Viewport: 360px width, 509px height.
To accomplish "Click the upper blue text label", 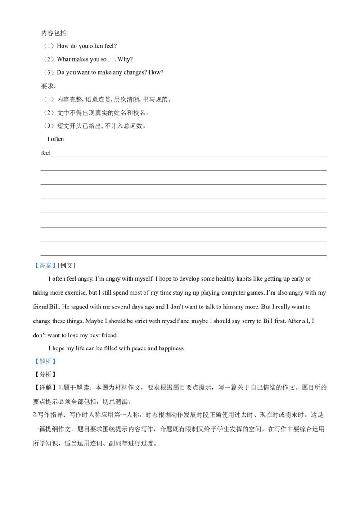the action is point(45,265).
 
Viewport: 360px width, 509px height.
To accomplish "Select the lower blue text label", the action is point(45,362).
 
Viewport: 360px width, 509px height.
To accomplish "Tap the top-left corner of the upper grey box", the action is point(33,260).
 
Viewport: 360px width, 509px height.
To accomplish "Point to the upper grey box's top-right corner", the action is point(57,260).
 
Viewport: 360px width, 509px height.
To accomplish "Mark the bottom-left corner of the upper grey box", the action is point(33,270).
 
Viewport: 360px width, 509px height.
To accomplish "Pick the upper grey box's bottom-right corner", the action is point(57,270).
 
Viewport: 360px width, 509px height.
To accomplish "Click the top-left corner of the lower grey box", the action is point(33,357).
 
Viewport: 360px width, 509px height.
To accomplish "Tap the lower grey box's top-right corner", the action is point(57,357).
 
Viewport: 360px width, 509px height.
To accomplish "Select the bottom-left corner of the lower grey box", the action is point(33,366).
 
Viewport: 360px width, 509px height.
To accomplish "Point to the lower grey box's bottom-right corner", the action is point(57,366).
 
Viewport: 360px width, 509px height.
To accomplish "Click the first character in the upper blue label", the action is point(37,265).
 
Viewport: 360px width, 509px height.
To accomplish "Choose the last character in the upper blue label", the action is point(54,265).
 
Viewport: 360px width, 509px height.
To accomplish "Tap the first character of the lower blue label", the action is point(37,362).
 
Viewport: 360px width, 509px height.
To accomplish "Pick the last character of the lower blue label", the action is point(54,362).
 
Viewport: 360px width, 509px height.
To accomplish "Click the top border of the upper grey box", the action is point(45,260).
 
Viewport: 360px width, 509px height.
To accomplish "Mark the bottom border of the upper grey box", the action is point(45,270).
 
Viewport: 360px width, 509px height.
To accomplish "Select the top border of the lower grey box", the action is point(45,357).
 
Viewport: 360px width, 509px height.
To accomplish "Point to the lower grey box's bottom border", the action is point(45,366).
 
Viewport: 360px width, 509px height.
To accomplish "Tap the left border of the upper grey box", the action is point(33,265).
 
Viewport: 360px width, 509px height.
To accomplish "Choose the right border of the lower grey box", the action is point(57,362).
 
